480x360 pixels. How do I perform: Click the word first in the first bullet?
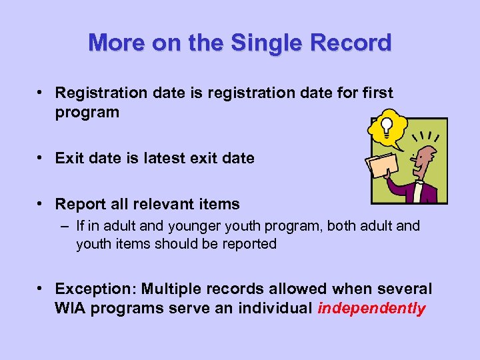(x=375, y=93)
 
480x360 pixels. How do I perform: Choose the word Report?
(x=80, y=204)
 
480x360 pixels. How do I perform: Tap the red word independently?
(x=371, y=309)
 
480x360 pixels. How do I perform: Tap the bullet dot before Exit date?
(x=41, y=158)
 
